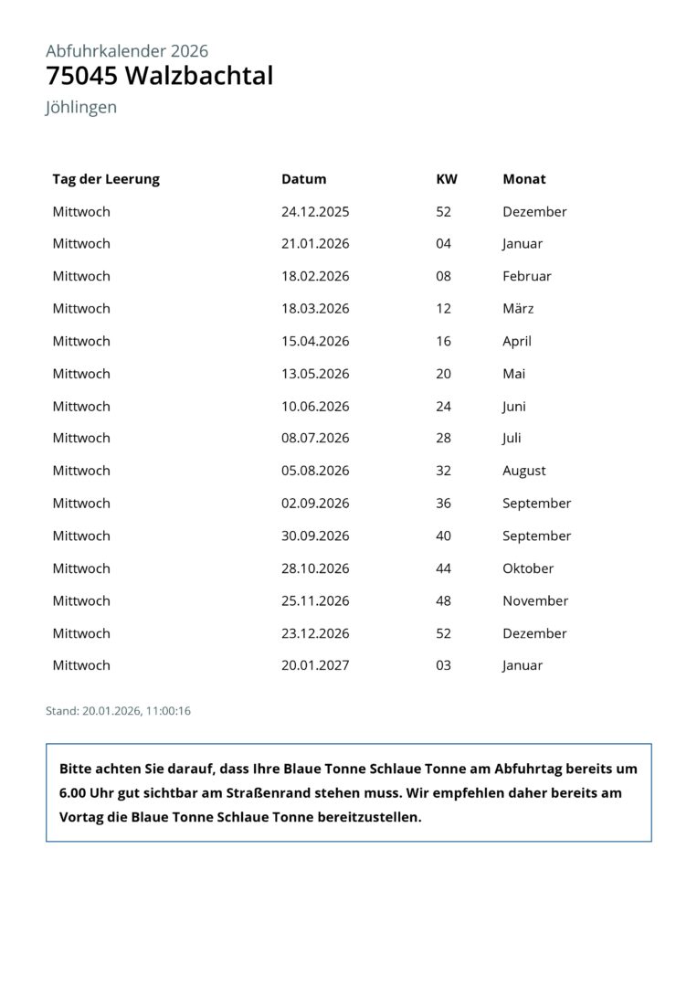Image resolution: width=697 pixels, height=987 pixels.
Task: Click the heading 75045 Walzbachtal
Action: click(x=159, y=76)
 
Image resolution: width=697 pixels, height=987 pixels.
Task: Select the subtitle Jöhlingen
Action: click(x=81, y=107)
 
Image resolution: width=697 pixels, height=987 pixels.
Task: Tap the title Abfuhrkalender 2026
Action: click(x=127, y=51)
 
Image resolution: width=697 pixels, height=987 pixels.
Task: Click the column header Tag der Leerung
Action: click(x=106, y=179)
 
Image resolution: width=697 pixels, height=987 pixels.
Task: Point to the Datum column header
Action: click(x=303, y=179)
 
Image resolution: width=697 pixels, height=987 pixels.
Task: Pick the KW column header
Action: click(x=447, y=179)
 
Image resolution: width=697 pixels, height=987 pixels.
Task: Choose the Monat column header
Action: click(x=524, y=179)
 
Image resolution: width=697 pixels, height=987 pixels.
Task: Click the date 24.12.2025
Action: click(x=315, y=211)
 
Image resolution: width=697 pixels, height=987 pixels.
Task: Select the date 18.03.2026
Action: click(x=315, y=308)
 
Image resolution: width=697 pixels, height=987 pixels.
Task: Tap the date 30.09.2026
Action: click(x=315, y=536)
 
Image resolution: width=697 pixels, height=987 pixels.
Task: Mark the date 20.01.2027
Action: click(x=315, y=665)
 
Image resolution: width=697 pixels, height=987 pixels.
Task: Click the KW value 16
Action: click(x=444, y=341)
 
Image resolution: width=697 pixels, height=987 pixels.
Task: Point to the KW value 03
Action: click(x=444, y=665)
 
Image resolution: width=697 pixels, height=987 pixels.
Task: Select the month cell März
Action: click(x=518, y=308)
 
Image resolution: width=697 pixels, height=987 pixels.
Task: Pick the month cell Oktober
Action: click(x=528, y=568)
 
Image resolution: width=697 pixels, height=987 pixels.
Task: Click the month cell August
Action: click(x=524, y=471)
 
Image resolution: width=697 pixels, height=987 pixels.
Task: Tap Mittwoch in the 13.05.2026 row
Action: click(x=81, y=374)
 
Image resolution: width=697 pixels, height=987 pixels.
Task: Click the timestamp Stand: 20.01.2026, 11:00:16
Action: click(x=118, y=710)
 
